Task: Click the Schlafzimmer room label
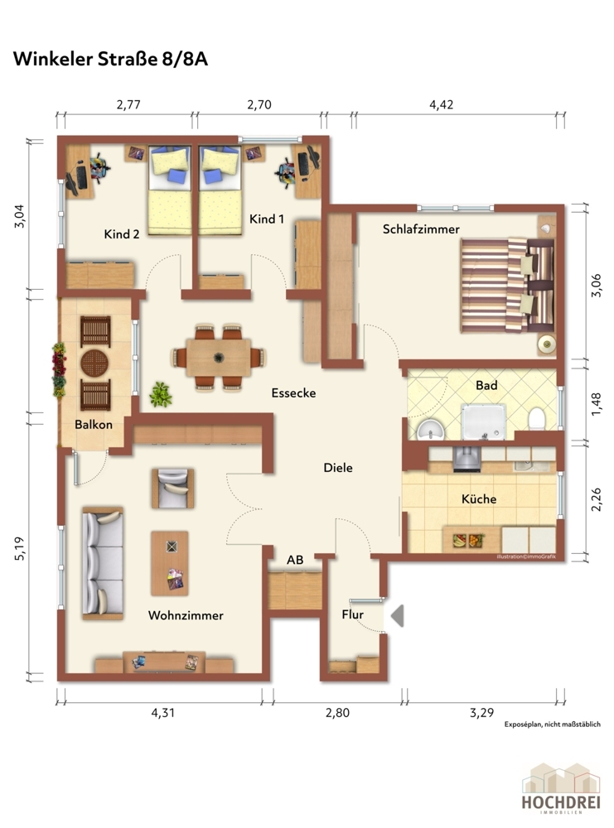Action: click(x=421, y=229)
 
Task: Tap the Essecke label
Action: click(x=294, y=392)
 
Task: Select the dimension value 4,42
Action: click(x=441, y=104)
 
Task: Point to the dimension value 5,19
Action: click(x=20, y=549)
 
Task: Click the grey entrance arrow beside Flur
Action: click(x=398, y=616)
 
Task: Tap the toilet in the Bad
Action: click(x=537, y=418)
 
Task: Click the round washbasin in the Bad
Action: click(x=431, y=430)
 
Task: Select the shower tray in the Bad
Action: click(x=483, y=422)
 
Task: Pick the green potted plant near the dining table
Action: click(x=161, y=394)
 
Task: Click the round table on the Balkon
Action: click(x=95, y=363)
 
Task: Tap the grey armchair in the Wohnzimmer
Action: click(x=173, y=489)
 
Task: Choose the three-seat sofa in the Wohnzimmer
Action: click(x=103, y=563)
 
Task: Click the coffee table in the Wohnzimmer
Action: click(x=170, y=563)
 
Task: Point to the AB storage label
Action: click(x=295, y=560)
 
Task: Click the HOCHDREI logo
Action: click(x=561, y=788)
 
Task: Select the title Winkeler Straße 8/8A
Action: click(x=110, y=59)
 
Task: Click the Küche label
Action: click(x=479, y=499)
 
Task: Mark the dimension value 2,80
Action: click(x=337, y=713)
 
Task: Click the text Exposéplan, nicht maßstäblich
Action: click(x=552, y=724)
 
